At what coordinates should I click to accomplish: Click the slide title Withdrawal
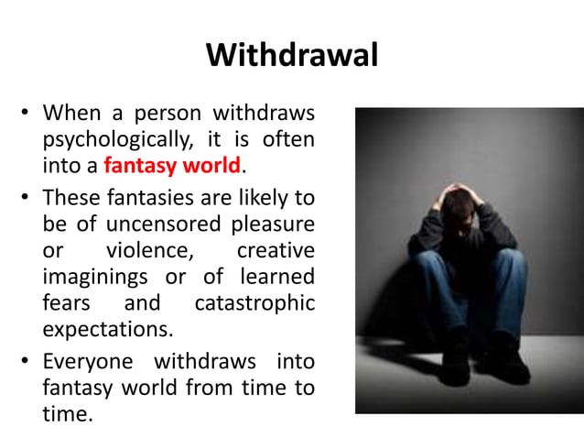[292, 55]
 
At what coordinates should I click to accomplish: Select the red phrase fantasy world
[173, 168]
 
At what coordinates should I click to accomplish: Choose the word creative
[276, 250]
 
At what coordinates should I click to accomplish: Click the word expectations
[106, 330]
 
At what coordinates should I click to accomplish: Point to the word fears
[64, 302]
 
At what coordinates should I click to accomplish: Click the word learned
[276, 277]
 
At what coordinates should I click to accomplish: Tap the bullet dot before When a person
[26, 116]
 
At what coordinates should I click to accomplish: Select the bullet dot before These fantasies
[26, 198]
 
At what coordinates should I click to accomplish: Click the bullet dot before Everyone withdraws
[26, 361]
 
